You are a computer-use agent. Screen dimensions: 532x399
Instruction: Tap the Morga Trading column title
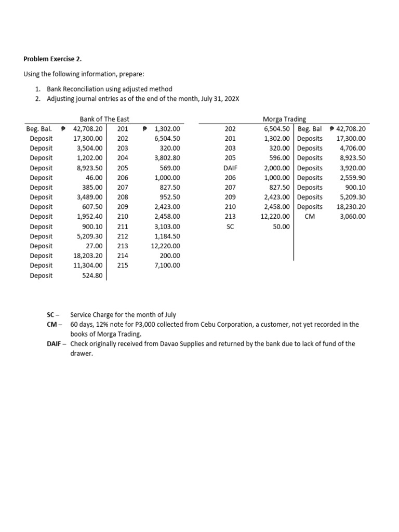pos(285,119)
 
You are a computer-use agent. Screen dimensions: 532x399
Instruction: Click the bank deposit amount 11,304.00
pos(89,265)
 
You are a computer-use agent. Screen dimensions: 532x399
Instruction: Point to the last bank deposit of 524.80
pos(94,275)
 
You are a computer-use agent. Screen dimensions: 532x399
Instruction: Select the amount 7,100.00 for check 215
pos(167,265)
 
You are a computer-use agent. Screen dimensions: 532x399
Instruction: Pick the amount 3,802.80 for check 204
pos(167,158)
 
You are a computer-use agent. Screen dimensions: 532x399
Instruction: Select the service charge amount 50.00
pos(282,227)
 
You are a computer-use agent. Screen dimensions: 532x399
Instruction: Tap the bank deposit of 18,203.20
pos(89,256)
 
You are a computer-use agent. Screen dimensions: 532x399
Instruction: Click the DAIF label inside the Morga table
pos(230,168)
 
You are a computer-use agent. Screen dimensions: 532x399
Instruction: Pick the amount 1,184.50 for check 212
pos(167,236)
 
